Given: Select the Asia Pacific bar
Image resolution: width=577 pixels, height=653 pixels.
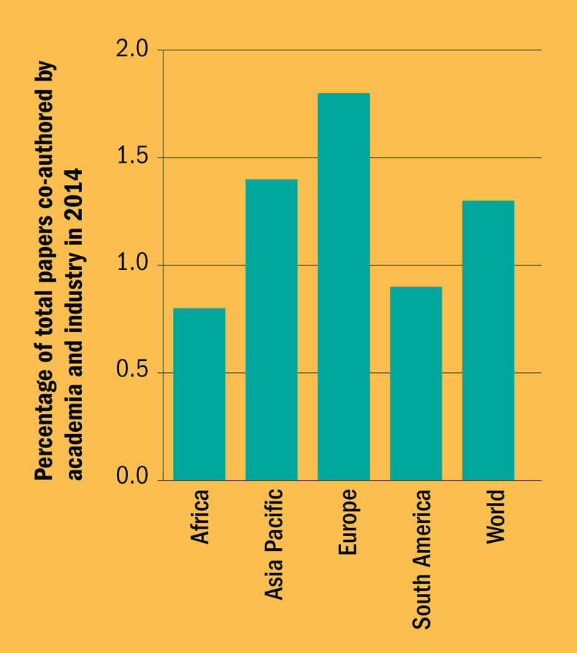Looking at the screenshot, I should [271, 330].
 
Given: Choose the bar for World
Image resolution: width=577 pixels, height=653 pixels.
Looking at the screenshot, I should [488, 340].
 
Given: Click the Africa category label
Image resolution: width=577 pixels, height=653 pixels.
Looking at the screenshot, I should [200, 517].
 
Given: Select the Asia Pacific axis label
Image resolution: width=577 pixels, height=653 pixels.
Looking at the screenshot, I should [272, 544].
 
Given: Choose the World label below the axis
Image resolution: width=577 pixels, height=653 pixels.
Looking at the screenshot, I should [493, 516].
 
